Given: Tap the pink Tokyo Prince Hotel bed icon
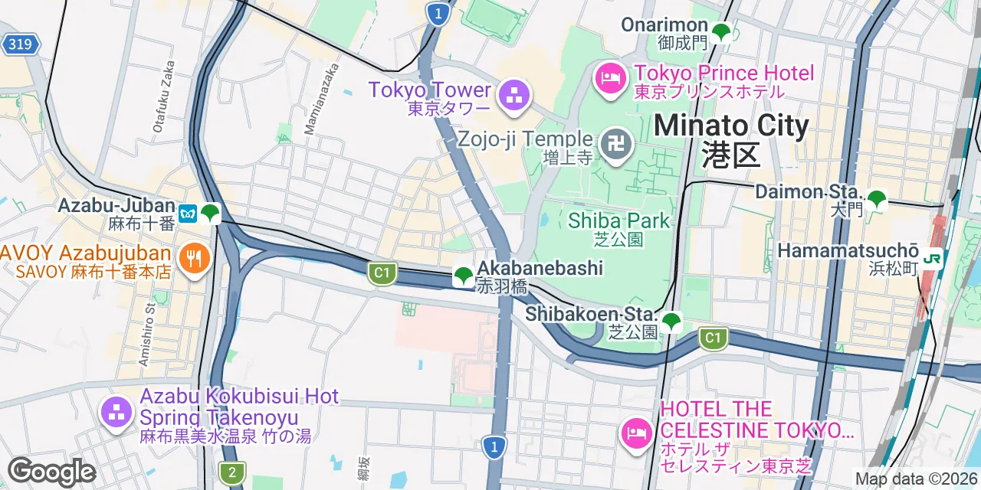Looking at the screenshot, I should pyautogui.click(x=611, y=77).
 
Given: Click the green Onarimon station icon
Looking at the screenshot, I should pyautogui.click(x=720, y=33).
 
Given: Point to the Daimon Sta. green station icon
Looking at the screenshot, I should pyautogui.click(x=876, y=200).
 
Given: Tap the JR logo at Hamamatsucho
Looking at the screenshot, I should pyautogui.click(x=933, y=259).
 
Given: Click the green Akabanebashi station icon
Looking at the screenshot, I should pyautogui.click(x=463, y=276).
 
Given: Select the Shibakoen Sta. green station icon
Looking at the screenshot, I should pyautogui.click(x=671, y=322).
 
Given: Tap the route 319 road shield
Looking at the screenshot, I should pyautogui.click(x=20, y=44).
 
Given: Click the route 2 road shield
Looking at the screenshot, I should pyautogui.click(x=231, y=472).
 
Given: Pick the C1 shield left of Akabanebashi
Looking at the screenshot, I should pyautogui.click(x=381, y=273).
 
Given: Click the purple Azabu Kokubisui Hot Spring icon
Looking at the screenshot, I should pyautogui.click(x=116, y=412).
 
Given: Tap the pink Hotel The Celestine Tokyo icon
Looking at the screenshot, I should pyautogui.click(x=635, y=433).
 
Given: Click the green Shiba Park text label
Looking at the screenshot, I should pyautogui.click(x=619, y=220).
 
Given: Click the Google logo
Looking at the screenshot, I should pyautogui.click(x=51, y=472).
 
